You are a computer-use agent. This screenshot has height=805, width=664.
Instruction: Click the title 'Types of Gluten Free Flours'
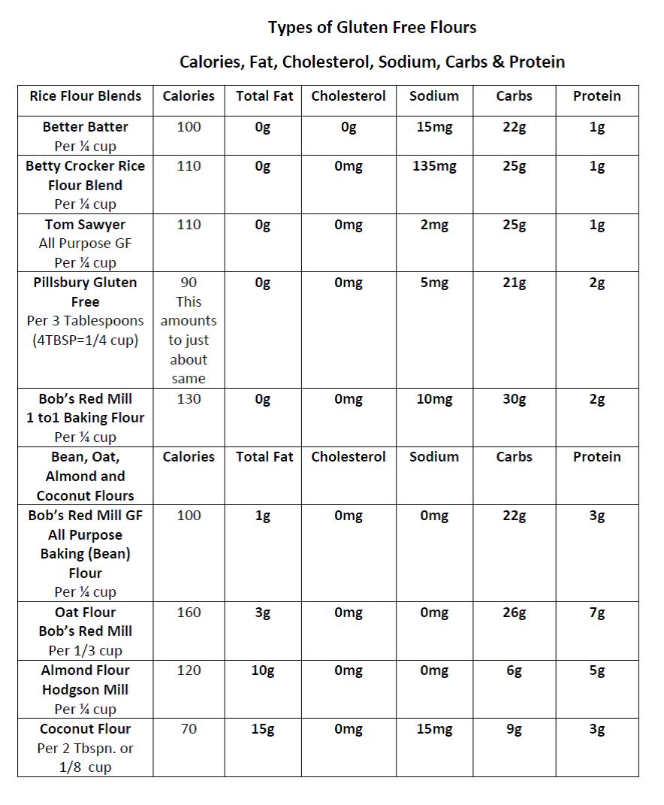(x=372, y=28)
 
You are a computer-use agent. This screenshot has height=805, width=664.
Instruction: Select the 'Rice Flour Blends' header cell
(x=85, y=96)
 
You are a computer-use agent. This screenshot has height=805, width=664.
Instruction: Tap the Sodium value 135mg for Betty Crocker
(x=434, y=166)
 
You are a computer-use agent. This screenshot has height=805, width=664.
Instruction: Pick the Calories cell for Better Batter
(x=189, y=127)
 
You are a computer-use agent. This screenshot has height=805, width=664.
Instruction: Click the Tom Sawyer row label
(x=85, y=225)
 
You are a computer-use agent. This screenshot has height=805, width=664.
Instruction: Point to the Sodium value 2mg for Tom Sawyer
(x=434, y=225)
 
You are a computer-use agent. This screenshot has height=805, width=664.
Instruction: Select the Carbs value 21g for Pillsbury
(x=514, y=283)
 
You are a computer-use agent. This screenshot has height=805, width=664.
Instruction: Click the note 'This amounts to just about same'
(x=189, y=340)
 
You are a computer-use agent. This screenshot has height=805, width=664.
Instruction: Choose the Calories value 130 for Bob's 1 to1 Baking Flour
(x=189, y=399)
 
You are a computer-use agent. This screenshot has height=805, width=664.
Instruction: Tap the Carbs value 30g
(x=514, y=399)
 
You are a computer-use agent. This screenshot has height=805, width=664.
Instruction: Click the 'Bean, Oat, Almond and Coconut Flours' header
(x=85, y=476)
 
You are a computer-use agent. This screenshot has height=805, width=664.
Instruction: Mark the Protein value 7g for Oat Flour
(x=596, y=613)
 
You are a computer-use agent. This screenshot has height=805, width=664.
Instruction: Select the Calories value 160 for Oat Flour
(x=189, y=613)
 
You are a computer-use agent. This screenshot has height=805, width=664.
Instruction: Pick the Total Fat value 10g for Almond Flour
(x=262, y=670)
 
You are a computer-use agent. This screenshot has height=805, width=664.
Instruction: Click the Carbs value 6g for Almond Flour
(x=514, y=670)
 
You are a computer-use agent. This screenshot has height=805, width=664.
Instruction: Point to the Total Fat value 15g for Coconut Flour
(x=262, y=729)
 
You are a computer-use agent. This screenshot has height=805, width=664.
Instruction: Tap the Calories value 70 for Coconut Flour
(x=189, y=729)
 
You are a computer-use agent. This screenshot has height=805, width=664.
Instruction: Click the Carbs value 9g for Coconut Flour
(x=514, y=729)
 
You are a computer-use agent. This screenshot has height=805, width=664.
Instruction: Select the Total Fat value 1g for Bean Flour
(x=262, y=516)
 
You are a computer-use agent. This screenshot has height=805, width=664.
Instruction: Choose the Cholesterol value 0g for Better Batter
(x=348, y=127)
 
